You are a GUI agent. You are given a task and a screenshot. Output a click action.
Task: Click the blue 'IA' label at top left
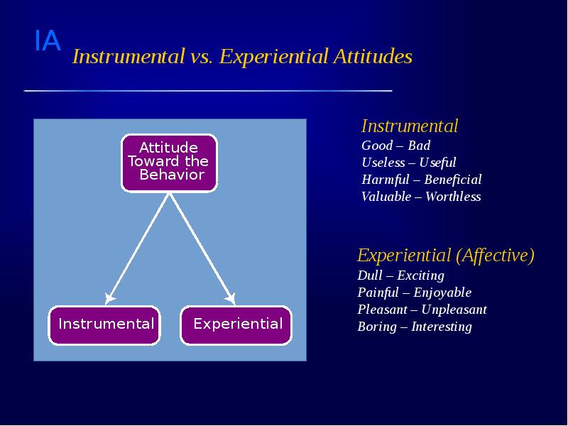coord(48,42)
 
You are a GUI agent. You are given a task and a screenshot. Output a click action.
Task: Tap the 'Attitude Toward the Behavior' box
coord(169,162)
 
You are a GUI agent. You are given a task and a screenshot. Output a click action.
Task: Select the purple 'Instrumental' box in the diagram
coord(106,324)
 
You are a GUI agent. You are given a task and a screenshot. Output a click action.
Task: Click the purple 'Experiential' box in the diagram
coord(237,324)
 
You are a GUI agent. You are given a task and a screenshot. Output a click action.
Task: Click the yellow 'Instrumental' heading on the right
coord(410,126)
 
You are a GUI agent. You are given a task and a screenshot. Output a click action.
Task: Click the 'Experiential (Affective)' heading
coord(445,255)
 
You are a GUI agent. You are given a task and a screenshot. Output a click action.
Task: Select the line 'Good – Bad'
coord(395,146)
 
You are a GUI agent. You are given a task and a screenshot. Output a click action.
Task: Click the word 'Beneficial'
coord(452,180)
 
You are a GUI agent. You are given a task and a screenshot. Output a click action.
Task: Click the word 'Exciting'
coord(420,275)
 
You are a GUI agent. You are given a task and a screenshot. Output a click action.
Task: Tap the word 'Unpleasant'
coord(454,310)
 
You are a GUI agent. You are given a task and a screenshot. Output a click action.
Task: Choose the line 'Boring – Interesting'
coord(414,327)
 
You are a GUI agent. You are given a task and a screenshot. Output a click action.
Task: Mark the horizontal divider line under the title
coord(207,91)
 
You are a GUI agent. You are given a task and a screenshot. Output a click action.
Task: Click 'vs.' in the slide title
coord(202,57)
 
